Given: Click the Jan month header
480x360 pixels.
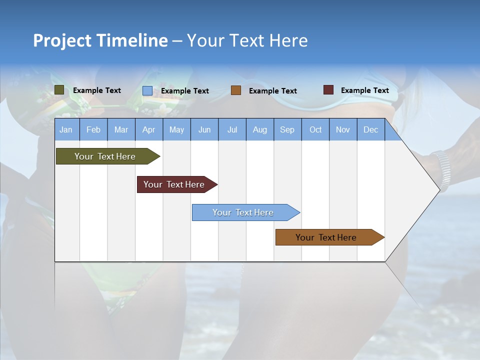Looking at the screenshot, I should pyautogui.click(x=66, y=129).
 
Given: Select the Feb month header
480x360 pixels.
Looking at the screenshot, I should pyautogui.click(x=93, y=129).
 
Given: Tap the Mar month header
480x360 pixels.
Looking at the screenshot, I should pyautogui.click(x=121, y=129).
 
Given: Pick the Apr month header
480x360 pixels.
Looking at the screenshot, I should pyautogui.click(x=148, y=129).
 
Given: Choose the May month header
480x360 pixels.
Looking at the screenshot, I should pyautogui.click(x=176, y=129).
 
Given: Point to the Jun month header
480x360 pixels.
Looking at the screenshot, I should pyautogui.click(x=204, y=129).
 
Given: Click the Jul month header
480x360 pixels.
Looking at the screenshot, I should pyautogui.click(x=232, y=129).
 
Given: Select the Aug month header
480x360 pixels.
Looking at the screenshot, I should pyautogui.click(x=259, y=129).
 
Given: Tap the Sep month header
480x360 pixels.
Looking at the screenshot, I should pyautogui.click(x=287, y=129).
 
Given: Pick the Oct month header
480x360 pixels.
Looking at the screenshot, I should pyautogui.click(x=315, y=129).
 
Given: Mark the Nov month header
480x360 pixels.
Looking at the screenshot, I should pyautogui.click(x=343, y=129).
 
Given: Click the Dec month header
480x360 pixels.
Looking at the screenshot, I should pyautogui.click(x=370, y=129).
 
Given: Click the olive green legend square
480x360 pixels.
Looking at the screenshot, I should pyautogui.click(x=59, y=90).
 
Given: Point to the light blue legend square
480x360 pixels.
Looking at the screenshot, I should pyautogui.click(x=147, y=90).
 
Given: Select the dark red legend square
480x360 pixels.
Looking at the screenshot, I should pyautogui.click(x=328, y=90).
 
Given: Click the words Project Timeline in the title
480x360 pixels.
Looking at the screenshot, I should pyautogui.click(x=100, y=40).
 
